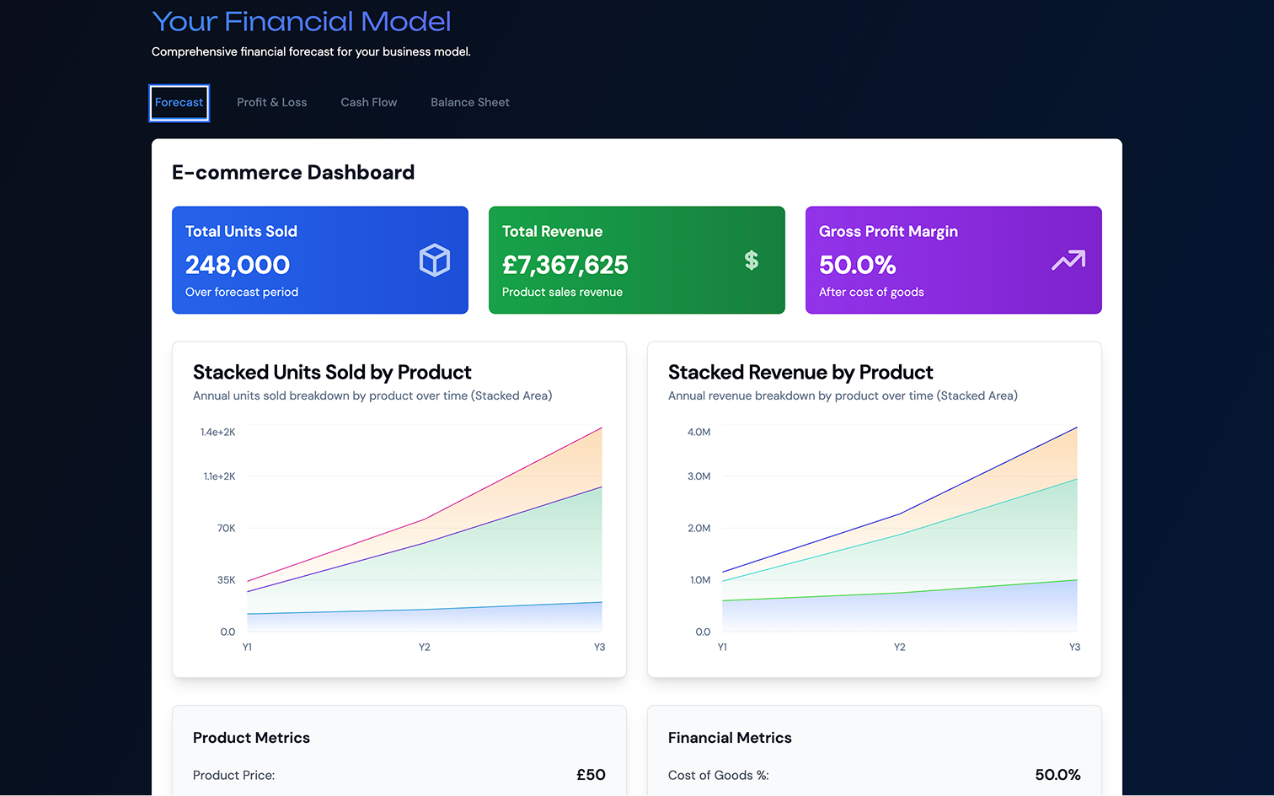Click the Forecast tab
[179, 103]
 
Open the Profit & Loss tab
[271, 103]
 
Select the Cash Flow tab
[368, 103]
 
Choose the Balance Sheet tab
[469, 103]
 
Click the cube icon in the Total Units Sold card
[435, 261]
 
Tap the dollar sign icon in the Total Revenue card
[752, 261]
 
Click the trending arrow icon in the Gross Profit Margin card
[1068, 261]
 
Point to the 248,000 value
[238, 266]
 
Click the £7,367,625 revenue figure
[565, 266]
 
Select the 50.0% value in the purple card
[857, 266]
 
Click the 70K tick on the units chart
[226, 529]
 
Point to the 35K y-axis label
[226, 580]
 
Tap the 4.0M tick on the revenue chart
[699, 433]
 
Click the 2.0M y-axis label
[699, 529]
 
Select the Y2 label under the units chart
[425, 648]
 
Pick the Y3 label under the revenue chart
[1074, 648]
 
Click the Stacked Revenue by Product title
[800, 373]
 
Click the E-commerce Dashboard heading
[293, 173]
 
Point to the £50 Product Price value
[591, 775]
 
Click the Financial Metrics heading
[730, 738]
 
